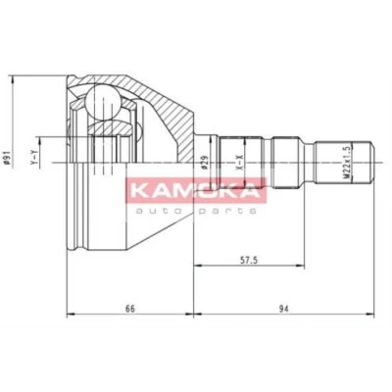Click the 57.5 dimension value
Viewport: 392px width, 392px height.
(249, 260)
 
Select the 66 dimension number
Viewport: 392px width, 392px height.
(130, 309)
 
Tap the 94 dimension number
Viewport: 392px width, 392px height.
(284, 309)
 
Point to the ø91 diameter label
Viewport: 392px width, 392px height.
(5, 159)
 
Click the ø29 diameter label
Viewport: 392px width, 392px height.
(205, 162)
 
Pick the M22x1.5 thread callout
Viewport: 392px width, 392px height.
(347, 162)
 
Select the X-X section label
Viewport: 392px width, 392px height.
(240, 163)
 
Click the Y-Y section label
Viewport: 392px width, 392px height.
(33, 157)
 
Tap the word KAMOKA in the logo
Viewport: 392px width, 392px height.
(196, 189)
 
